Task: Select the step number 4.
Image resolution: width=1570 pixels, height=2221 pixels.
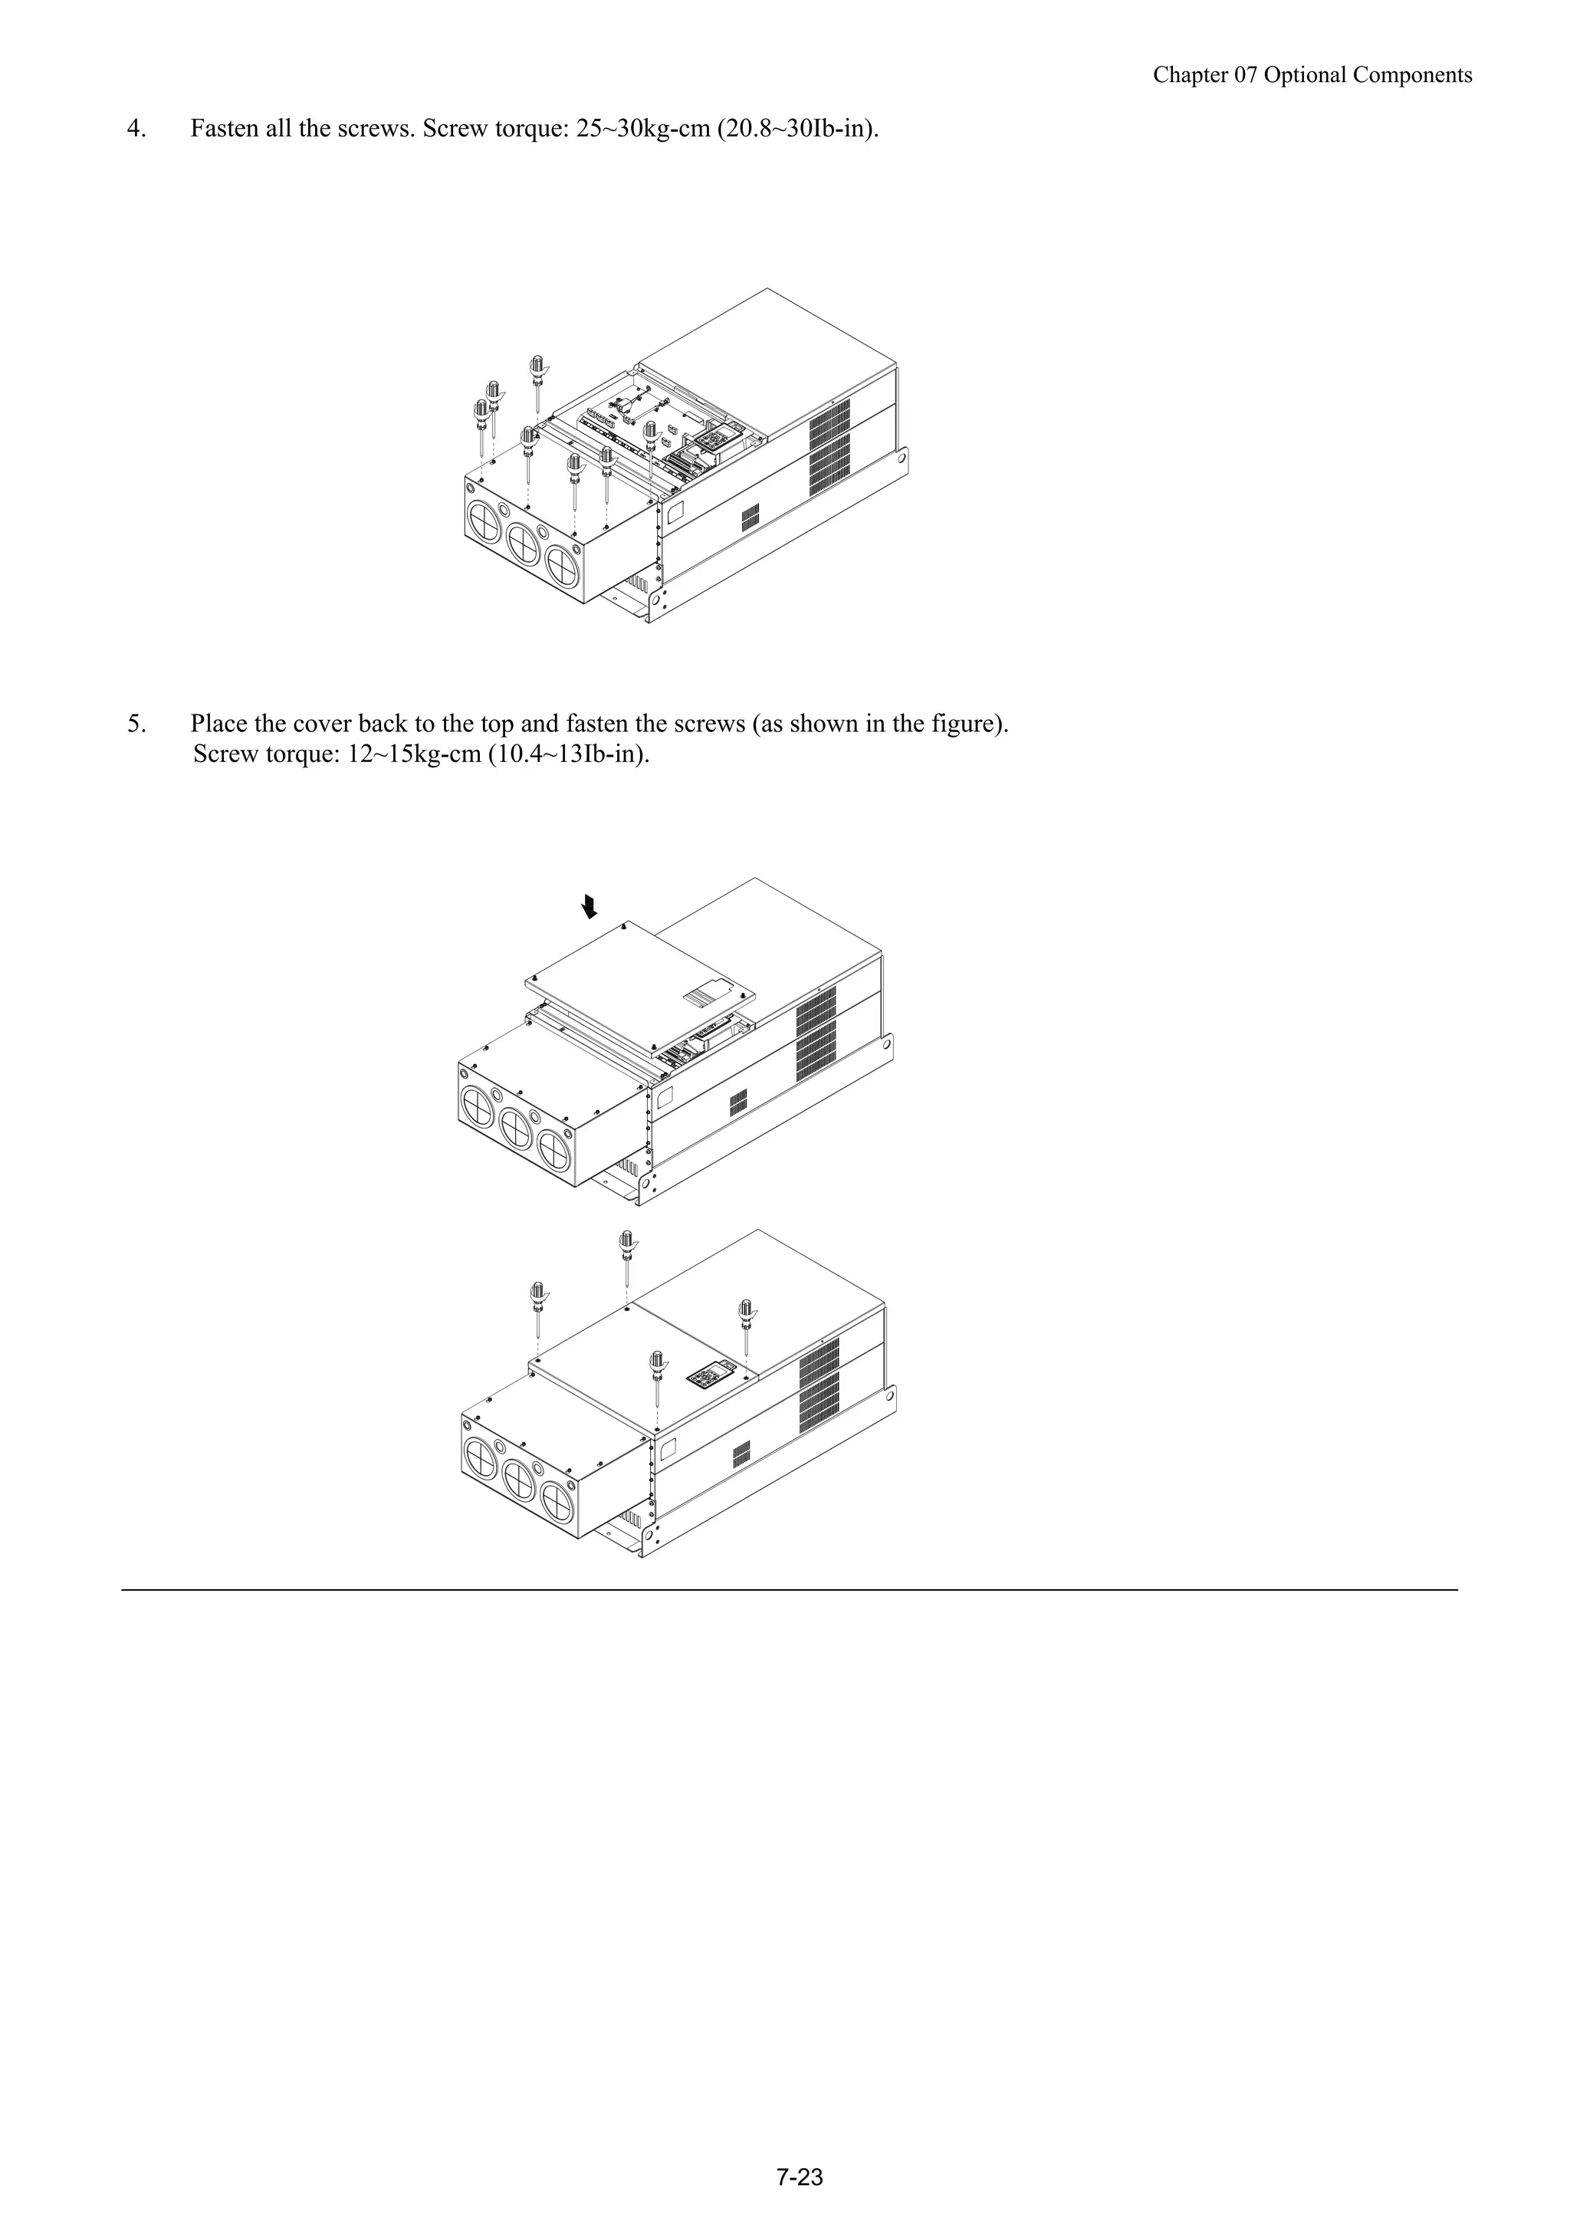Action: (136, 129)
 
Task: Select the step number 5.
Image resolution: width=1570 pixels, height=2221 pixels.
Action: (136, 724)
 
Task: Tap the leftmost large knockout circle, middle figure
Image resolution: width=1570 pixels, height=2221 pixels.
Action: (478, 1106)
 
